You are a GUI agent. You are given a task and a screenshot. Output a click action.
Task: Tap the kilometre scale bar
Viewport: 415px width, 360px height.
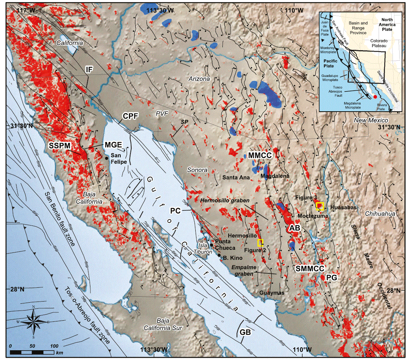[33, 352]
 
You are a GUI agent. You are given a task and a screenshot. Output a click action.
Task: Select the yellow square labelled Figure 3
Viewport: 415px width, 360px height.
[320, 206]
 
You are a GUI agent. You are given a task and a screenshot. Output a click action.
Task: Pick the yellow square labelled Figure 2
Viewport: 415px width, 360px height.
[260, 242]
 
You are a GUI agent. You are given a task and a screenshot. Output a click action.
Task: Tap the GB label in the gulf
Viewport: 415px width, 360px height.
[245, 332]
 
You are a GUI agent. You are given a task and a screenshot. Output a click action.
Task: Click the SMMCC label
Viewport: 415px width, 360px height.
[309, 268]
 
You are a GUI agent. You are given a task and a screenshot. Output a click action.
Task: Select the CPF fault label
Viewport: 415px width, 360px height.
[129, 117]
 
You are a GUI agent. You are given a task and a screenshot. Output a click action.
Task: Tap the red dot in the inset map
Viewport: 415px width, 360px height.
[375, 97]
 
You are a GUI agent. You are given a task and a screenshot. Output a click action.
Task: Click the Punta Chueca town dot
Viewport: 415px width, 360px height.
[211, 245]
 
